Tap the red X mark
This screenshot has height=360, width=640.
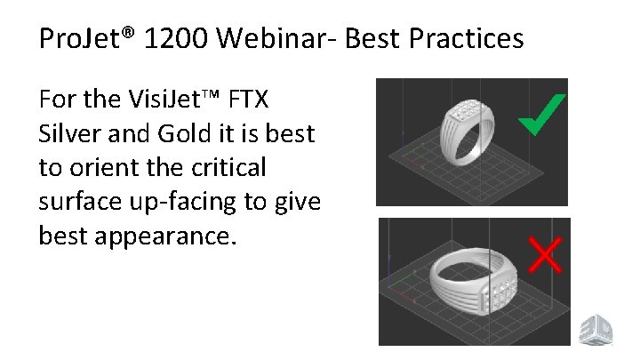pos(544,253)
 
